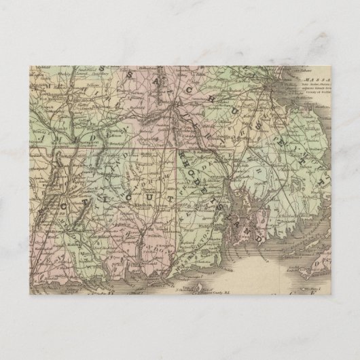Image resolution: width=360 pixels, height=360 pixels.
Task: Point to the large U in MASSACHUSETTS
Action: [239, 102]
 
